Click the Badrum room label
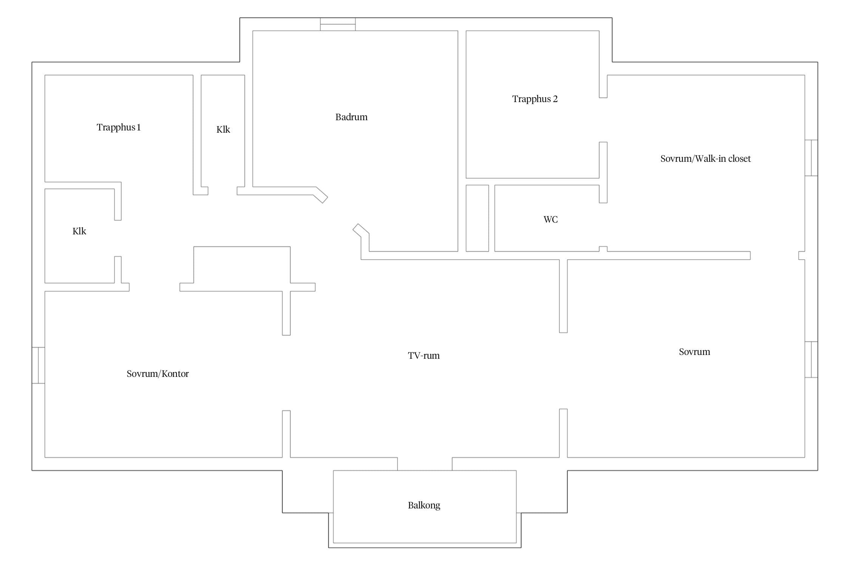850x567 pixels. (x=351, y=117)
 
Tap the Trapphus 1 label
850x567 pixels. (x=119, y=127)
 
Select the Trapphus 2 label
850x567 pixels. (x=535, y=99)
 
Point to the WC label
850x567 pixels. (x=550, y=220)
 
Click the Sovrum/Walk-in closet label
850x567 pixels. (x=706, y=159)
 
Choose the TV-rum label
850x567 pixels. (x=424, y=356)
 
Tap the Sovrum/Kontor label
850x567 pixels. (x=158, y=374)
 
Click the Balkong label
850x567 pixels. (x=424, y=505)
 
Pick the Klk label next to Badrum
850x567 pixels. (x=223, y=130)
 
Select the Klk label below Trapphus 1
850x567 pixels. (x=79, y=231)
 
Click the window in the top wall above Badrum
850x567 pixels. (x=338, y=24)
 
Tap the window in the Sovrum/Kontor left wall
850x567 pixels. (x=39, y=365)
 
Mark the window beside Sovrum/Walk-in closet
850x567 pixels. (x=811, y=158)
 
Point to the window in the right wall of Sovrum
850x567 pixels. (x=811, y=359)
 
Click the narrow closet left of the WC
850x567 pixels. (x=477, y=218)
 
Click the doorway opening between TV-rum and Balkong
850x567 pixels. (x=425, y=464)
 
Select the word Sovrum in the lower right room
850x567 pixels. (x=694, y=352)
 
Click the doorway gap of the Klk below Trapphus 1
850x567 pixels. (x=118, y=238)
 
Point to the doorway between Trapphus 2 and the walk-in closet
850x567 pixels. (x=603, y=120)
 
